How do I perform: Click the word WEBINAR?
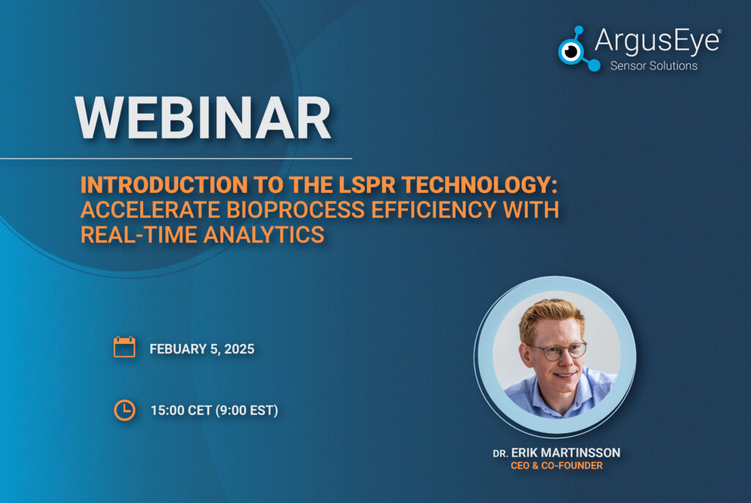(x=202, y=118)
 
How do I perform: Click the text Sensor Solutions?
(x=653, y=66)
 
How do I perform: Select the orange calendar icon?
(x=124, y=347)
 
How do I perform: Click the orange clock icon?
(x=125, y=410)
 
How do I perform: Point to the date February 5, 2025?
(x=202, y=349)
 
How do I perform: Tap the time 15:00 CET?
(x=181, y=411)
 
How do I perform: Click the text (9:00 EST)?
(x=246, y=411)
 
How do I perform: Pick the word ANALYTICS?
(x=264, y=235)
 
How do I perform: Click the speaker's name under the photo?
(x=557, y=452)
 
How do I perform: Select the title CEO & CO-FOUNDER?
(x=557, y=466)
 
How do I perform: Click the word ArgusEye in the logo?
(x=657, y=41)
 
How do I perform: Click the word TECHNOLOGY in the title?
(x=480, y=185)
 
